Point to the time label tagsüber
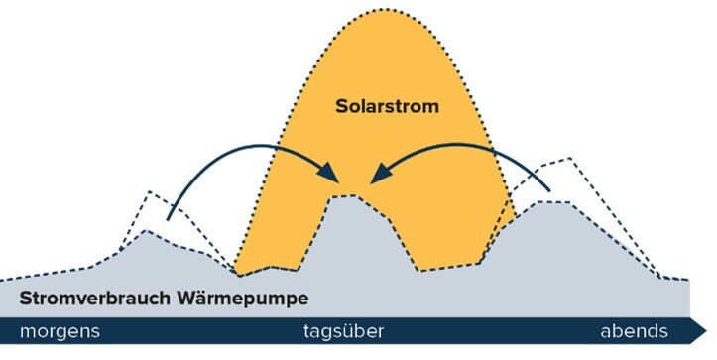[x=341, y=330]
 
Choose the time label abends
[x=636, y=330]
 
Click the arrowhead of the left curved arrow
[x=335, y=179]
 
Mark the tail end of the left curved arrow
[x=169, y=219]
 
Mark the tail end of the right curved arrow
[x=548, y=189]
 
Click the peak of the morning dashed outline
[x=149, y=190]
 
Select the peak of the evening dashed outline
[x=568, y=157]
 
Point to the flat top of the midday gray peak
[x=345, y=196]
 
